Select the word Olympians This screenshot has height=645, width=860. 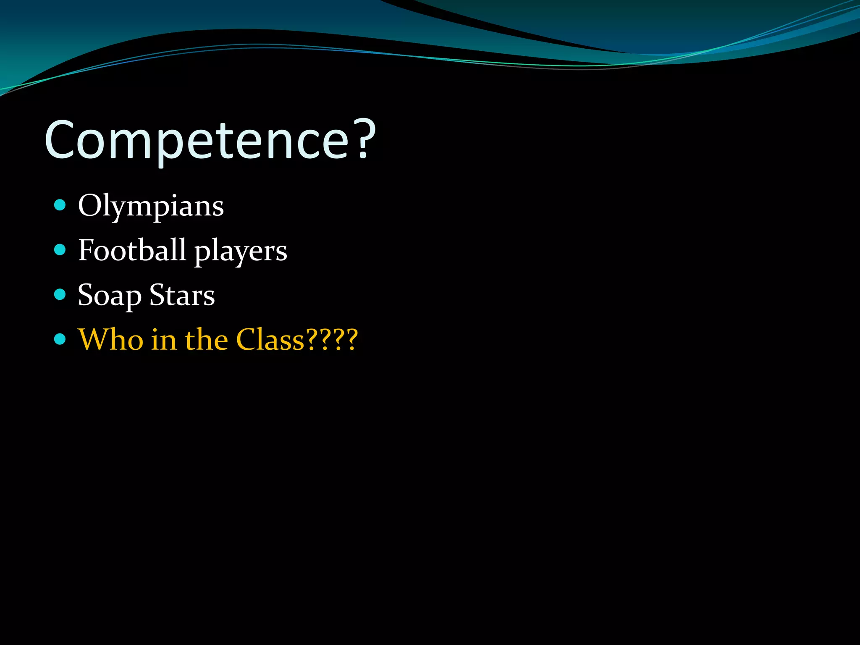151,206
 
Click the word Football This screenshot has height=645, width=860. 132,250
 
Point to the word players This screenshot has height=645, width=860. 241,252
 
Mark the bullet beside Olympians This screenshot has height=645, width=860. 60,205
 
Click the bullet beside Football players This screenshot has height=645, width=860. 60,250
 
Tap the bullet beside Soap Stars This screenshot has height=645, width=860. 60,294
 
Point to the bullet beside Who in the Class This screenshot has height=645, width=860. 60,339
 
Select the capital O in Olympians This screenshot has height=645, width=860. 90,206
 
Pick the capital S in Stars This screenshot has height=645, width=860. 158,295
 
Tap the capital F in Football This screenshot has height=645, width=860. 87,250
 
